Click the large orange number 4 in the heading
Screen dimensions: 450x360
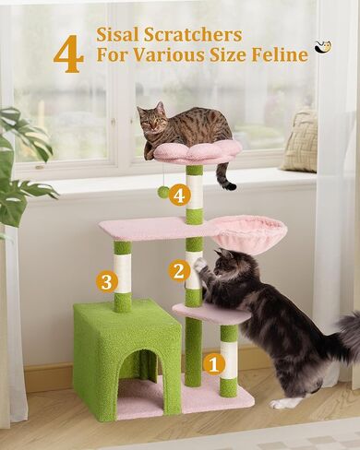click(x=67, y=54)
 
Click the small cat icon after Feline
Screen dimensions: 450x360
click(x=322, y=46)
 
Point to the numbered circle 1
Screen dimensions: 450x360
click(x=213, y=363)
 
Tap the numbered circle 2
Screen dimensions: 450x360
click(x=180, y=270)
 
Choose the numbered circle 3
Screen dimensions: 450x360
click(x=107, y=281)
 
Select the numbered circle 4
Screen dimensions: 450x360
click(x=180, y=195)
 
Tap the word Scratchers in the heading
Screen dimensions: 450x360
click(x=199, y=35)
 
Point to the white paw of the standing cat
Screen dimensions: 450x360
click(x=199, y=265)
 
